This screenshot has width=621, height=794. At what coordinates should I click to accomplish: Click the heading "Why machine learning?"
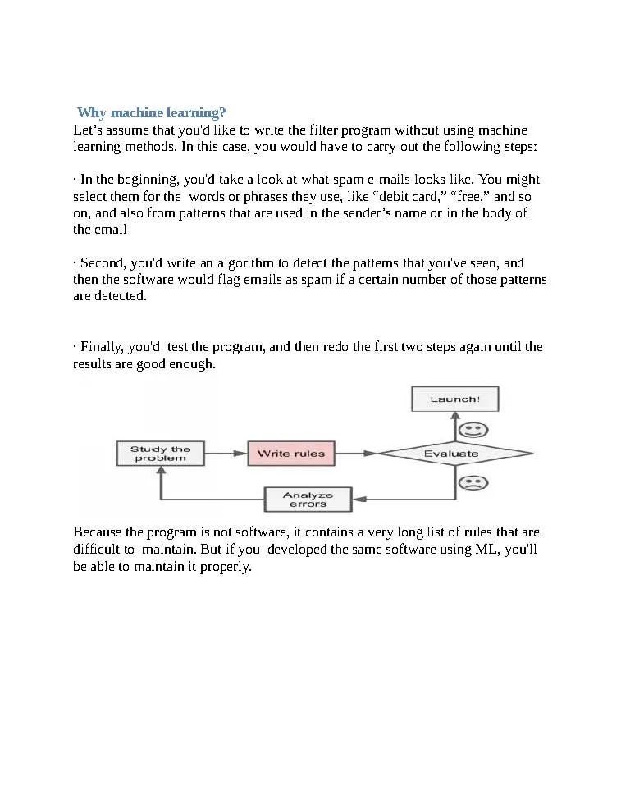click(x=151, y=112)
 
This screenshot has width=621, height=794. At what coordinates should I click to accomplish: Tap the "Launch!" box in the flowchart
click(x=454, y=399)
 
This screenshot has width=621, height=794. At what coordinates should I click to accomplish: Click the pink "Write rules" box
click(x=291, y=454)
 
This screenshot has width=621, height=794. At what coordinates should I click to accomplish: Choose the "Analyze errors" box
click(x=308, y=499)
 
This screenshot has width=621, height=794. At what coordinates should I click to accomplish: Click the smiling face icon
click(x=472, y=429)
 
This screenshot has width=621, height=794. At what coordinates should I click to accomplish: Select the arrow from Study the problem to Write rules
click(x=226, y=453)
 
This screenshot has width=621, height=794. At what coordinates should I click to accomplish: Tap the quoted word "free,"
click(x=469, y=197)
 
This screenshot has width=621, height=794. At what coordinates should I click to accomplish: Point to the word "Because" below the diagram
click(x=97, y=532)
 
